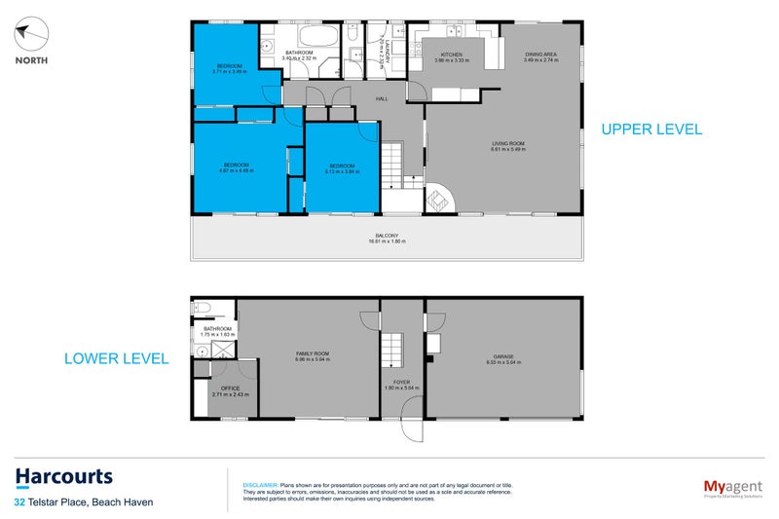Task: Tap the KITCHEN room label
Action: (x=451, y=56)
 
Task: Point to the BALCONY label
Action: (x=386, y=236)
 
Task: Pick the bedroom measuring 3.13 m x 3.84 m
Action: (x=341, y=167)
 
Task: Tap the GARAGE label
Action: (x=503, y=357)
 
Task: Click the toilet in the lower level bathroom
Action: (x=202, y=309)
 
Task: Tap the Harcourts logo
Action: (x=64, y=477)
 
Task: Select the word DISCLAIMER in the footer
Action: (x=259, y=484)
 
